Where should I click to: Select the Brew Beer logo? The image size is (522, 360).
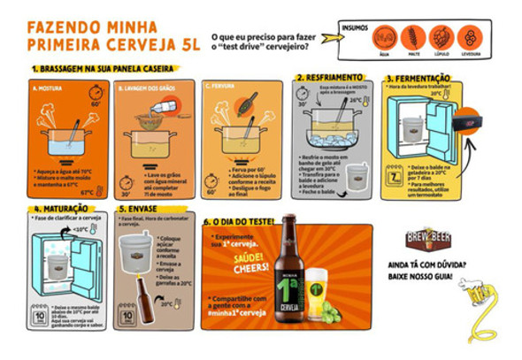[429, 240]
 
